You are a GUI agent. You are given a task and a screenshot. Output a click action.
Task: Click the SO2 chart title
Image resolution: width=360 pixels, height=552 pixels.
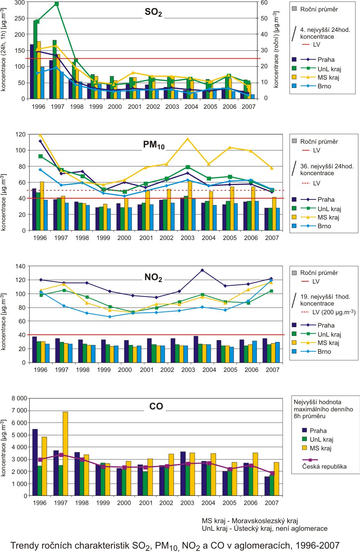[x=153, y=12]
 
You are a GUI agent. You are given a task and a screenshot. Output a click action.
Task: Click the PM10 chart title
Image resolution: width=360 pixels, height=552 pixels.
[x=154, y=145]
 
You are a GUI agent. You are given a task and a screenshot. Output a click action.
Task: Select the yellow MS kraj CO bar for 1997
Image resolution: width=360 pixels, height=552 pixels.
[x=65, y=453]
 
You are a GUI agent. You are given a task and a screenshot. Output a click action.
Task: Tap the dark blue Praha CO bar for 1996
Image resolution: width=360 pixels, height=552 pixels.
[x=35, y=462]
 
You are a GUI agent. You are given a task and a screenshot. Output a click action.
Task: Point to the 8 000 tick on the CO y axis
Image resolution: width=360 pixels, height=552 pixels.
[x=19, y=398]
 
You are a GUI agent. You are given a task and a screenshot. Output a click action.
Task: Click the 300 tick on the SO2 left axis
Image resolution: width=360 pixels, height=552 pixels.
[x=20, y=3]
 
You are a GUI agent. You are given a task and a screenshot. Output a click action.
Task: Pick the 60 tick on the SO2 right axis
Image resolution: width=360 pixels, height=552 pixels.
[x=264, y=3]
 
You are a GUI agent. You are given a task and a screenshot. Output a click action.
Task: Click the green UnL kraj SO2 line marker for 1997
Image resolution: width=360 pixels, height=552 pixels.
[x=56, y=4]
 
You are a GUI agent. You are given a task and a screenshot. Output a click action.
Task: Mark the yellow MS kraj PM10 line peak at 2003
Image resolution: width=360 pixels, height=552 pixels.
[x=188, y=139]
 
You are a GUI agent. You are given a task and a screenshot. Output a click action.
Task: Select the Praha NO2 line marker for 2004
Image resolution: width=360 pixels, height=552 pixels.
[x=202, y=270]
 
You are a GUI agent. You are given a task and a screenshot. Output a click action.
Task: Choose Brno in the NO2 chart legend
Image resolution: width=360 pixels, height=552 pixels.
[x=324, y=351]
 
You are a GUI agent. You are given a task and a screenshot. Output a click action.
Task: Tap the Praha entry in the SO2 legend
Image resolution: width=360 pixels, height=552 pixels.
[x=326, y=60]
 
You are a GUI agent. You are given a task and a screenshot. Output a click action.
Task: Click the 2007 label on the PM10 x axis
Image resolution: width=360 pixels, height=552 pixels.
[x=272, y=238]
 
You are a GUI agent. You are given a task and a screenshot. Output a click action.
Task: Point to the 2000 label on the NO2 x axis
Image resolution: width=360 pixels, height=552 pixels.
[x=125, y=370]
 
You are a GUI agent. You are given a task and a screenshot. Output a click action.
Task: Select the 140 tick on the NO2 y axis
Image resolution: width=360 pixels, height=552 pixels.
[x=20, y=266]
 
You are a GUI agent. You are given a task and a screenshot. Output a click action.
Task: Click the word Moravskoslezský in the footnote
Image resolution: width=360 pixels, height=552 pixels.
[x=265, y=521]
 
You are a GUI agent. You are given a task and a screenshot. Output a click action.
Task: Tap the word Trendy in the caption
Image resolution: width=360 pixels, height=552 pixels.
[x=24, y=546]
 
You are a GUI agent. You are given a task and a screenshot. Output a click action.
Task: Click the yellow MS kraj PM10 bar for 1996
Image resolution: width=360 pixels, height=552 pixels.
[x=42, y=206]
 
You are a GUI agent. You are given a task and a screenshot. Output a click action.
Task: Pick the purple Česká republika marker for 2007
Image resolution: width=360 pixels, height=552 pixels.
[x=272, y=473]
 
